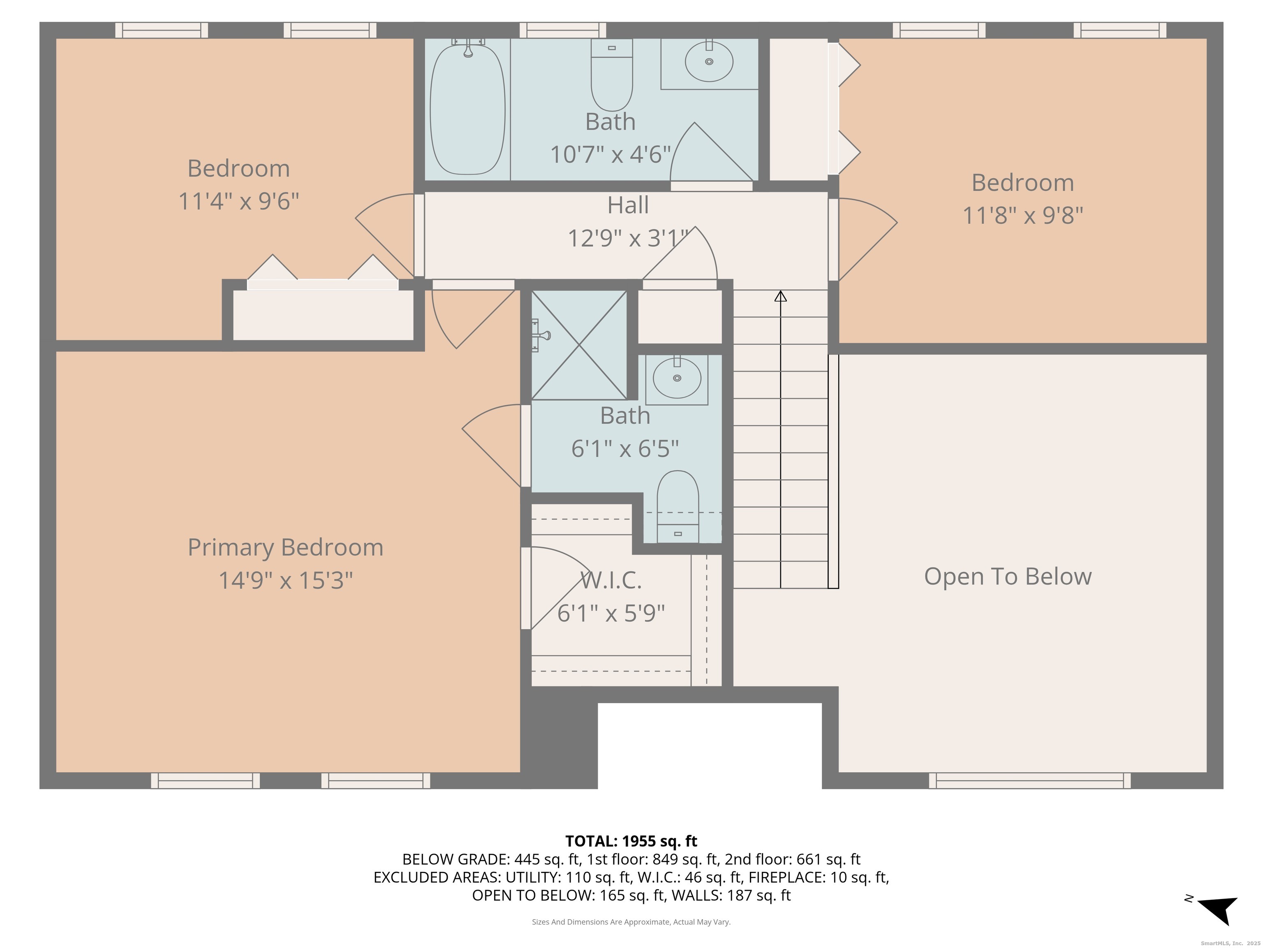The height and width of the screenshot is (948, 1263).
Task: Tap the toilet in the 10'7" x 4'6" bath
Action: click(611, 75)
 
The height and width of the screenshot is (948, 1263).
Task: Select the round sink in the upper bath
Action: click(709, 62)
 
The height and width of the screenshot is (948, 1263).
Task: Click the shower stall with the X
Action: click(579, 345)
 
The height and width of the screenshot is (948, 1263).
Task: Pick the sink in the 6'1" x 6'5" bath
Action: click(677, 378)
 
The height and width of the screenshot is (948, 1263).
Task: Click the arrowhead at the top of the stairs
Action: click(780, 296)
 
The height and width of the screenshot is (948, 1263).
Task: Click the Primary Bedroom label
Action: click(285, 547)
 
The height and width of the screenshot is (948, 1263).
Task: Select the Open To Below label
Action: click(1008, 576)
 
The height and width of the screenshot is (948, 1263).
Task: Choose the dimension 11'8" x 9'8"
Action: click(1022, 216)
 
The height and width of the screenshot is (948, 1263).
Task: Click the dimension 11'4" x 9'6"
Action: click(239, 201)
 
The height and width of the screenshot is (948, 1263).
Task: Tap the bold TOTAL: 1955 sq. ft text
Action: click(631, 841)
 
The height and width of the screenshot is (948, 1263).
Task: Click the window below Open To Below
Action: click(1029, 781)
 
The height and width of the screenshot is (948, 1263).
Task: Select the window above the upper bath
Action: click(562, 30)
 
